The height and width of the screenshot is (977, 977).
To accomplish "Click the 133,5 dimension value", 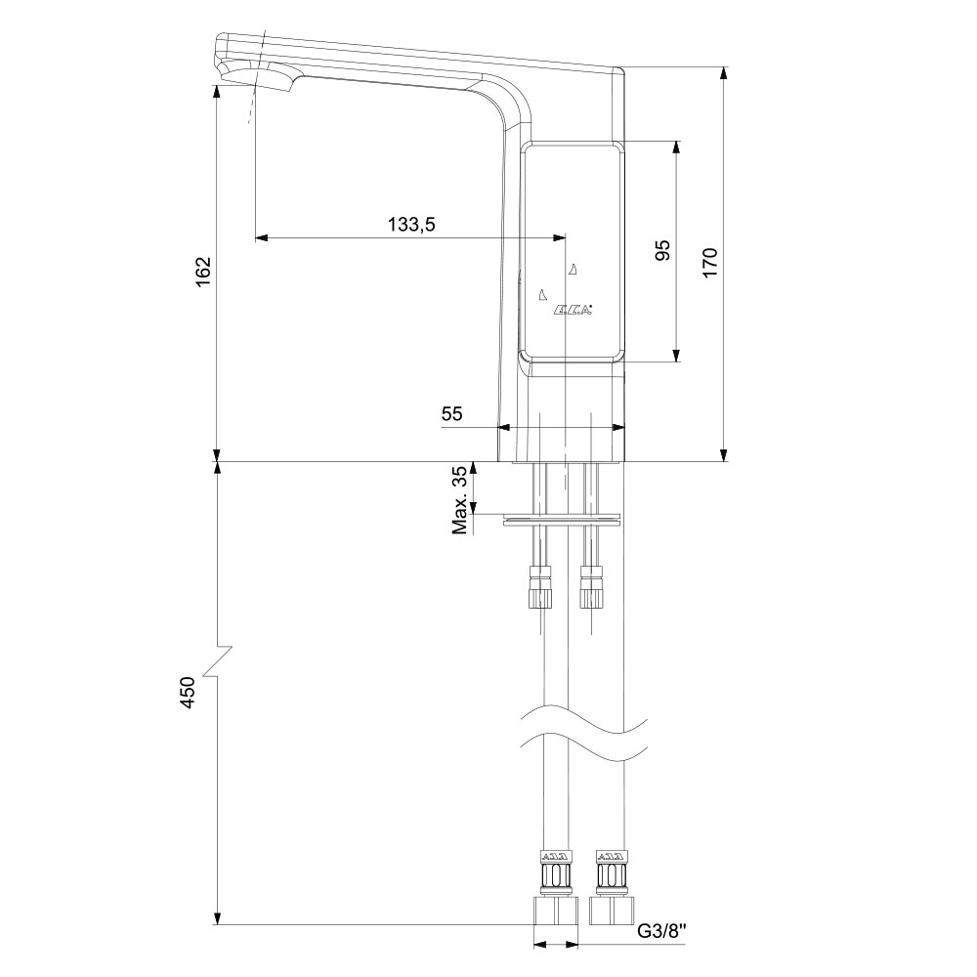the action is [x=411, y=224].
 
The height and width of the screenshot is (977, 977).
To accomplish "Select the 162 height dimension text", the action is [x=204, y=271].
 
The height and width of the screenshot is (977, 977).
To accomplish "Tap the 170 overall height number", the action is [x=710, y=262].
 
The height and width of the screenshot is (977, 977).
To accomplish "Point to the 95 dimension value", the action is [x=662, y=249].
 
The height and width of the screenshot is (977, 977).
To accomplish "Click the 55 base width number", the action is [x=451, y=413].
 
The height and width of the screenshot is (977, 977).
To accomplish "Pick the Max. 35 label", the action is [x=460, y=499].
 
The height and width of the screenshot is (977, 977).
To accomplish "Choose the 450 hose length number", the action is [x=187, y=692].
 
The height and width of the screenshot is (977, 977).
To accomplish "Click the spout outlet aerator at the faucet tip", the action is [x=262, y=80].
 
